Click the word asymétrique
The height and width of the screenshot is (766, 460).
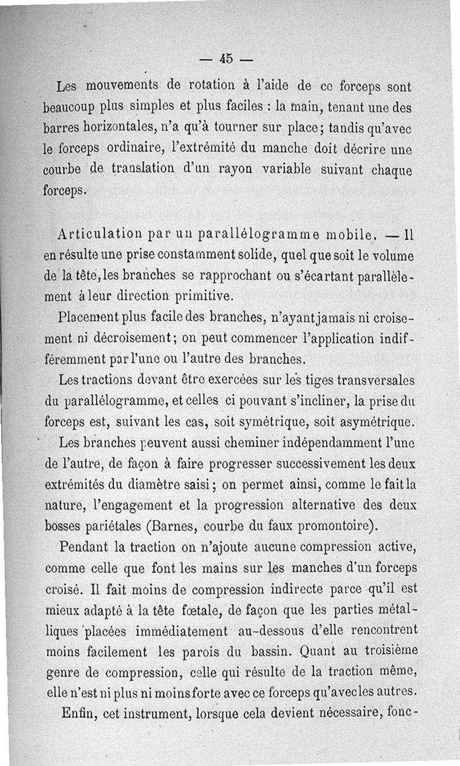375,422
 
